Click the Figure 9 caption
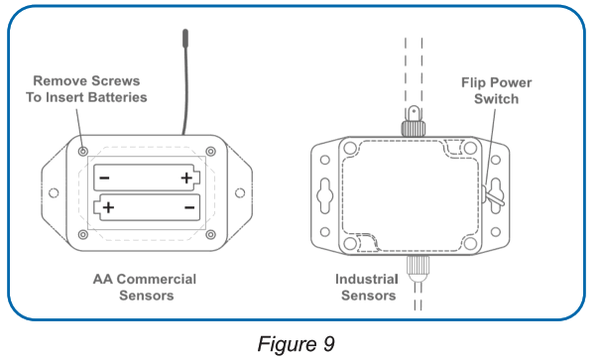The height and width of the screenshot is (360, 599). point(296,343)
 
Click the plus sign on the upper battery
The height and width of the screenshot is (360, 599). point(186,179)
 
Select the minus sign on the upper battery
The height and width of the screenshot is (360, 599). point(105,179)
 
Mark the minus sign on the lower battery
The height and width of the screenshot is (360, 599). point(188,208)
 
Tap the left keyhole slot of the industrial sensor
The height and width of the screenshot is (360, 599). point(324,194)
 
